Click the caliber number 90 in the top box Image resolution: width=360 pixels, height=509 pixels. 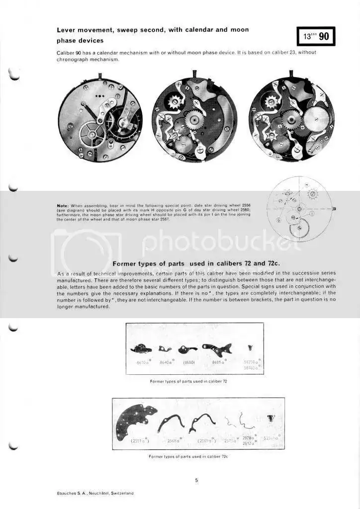pos(323,37)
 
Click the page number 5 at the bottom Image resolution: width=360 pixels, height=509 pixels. pos(196,480)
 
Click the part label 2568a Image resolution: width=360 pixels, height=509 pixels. pos(173,440)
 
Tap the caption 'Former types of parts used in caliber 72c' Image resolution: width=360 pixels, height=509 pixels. pos(188,456)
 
